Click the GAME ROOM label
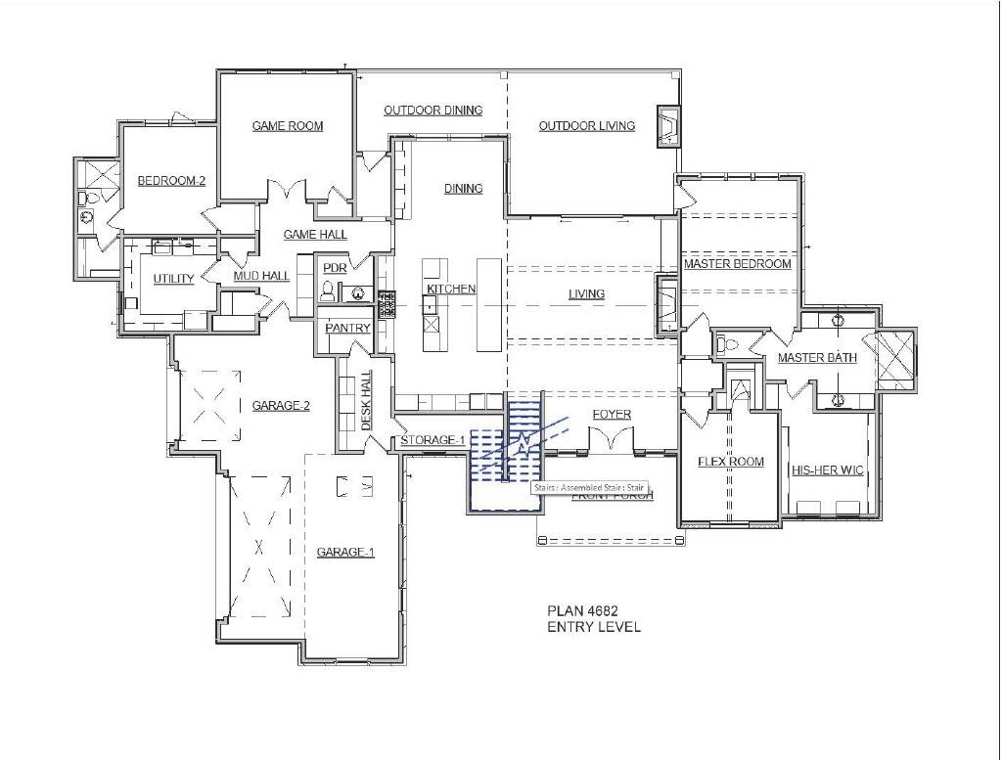pos(287,126)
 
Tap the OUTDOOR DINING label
pos(433,111)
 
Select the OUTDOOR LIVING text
pos(586,126)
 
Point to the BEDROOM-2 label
pos(171,181)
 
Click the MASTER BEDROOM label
pos(737,264)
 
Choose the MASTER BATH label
pos(817,358)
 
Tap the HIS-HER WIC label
pos(827,470)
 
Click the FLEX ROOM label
pos(730,462)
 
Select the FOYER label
pos(612,415)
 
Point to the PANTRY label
pos(347,329)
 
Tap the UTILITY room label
pos(173,280)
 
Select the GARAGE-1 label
pos(345,553)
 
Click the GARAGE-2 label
pos(281,406)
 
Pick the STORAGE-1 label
pos(433,441)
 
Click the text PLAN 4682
pos(582,611)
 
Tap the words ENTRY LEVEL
pos(594,627)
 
